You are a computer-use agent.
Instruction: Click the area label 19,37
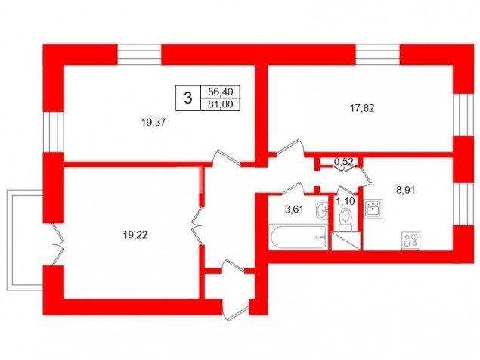coord(153,123)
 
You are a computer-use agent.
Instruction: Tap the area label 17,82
coord(362,108)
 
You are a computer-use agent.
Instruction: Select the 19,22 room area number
coord(135,235)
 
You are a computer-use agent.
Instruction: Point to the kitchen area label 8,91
coord(406,191)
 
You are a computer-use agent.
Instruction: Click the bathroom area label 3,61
coord(294,209)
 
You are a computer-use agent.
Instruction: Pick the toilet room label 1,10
coord(345,202)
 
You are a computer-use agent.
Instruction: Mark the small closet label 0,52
coord(344,162)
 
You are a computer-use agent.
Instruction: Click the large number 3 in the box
coord(187,98)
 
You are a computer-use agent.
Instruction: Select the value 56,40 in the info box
coord(220,92)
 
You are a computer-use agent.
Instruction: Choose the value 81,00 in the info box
coord(220,104)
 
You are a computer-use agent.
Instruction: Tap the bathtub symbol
coord(298,237)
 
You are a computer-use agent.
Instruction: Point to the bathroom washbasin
coord(321,210)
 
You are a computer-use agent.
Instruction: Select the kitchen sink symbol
coord(373,209)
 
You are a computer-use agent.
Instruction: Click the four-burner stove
coord(410,241)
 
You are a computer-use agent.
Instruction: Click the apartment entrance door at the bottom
coord(235,290)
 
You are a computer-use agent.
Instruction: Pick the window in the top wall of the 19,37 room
coord(140,55)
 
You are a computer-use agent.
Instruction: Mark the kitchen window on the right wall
coord(463,204)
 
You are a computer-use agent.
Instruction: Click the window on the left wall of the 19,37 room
coord(53,132)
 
